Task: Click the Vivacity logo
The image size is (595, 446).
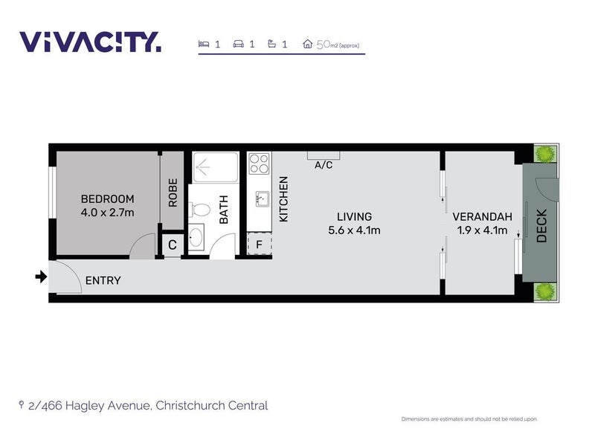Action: point(90,42)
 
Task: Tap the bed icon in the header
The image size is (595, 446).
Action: point(204,44)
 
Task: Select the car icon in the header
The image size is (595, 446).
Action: point(238,44)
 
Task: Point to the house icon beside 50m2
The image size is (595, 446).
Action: point(307,44)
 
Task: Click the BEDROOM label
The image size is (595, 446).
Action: point(107,199)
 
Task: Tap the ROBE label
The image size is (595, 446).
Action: point(173,193)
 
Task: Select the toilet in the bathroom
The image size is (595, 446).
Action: point(199,210)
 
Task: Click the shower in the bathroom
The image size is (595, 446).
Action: point(215,167)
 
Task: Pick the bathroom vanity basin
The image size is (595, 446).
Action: point(196,237)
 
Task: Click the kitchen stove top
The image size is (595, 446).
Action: point(259,164)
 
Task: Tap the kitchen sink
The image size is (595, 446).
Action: point(263,198)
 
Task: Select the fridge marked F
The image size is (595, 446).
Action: point(259,244)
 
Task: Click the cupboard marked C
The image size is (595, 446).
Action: point(173,245)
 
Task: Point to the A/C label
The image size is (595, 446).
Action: point(324,165)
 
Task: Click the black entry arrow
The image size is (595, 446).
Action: point(41,277)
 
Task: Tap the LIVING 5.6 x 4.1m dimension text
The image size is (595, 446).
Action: point(354,230)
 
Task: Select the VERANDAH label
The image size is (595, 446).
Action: point(482,217)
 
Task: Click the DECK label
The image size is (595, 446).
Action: point(541,226)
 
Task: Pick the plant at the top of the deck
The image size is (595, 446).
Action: point(545,154)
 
